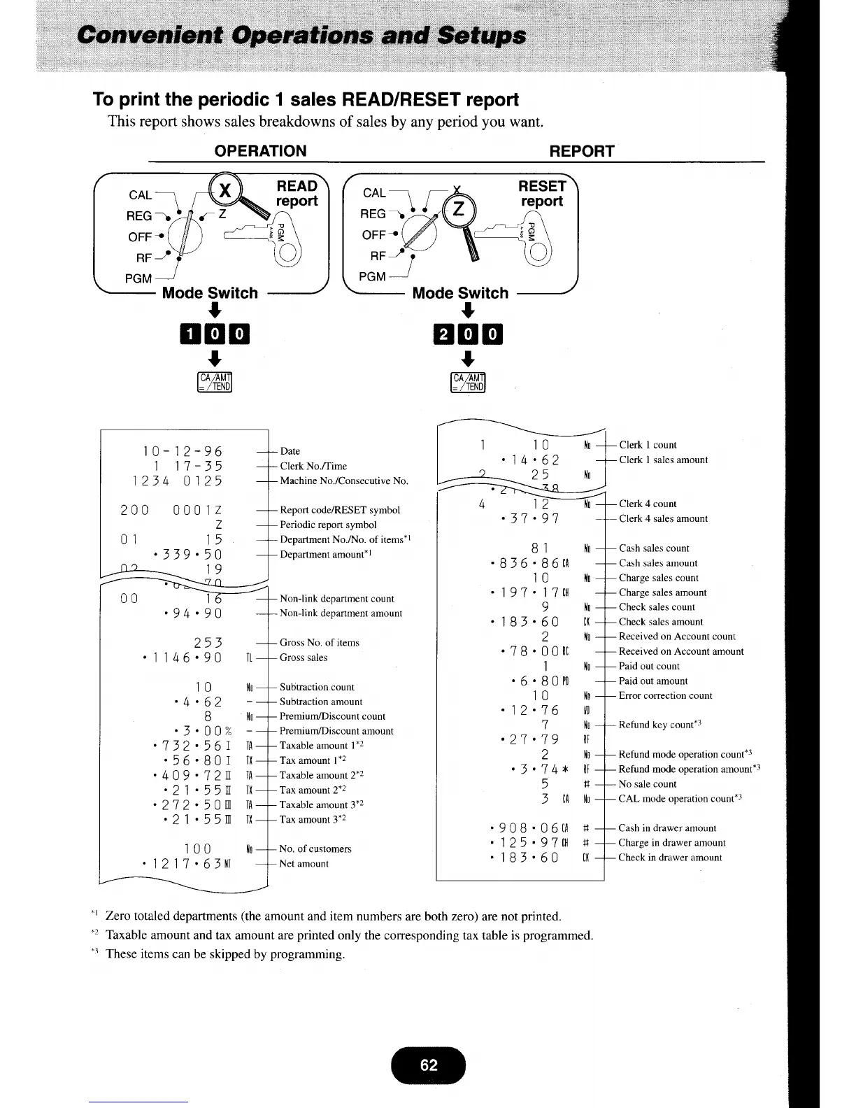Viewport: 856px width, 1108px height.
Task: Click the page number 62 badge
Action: point(429,1065)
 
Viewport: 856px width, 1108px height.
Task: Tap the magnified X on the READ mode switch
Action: point(225,191)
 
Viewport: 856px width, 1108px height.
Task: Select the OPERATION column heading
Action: point(260,151)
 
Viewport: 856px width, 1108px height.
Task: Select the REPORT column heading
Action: point(582,151)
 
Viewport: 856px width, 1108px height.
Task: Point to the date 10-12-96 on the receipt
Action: point(183,451)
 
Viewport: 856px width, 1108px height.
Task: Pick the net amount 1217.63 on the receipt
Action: point(187,864)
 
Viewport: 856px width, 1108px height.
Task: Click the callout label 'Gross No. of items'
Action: point(319,643)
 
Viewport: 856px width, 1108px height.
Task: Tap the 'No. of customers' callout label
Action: point(315,849)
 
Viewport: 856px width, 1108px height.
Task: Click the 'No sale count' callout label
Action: point(648,784)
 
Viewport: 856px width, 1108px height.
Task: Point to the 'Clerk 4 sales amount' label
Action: point(663,519)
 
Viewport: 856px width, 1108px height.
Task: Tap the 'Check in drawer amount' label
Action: point(670,858)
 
